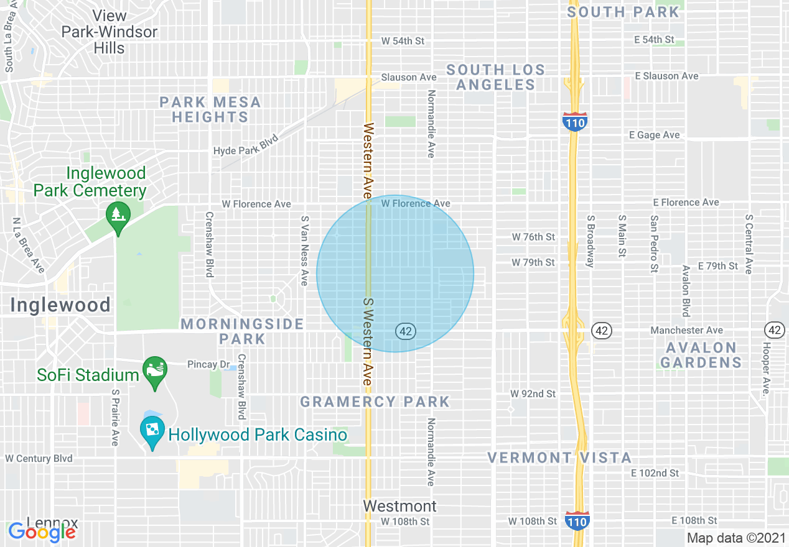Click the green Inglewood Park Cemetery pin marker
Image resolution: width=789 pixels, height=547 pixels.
(117, 214)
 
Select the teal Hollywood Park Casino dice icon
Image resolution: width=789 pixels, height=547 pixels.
(151, 429)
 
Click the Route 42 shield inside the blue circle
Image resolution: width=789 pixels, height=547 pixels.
(405, 331)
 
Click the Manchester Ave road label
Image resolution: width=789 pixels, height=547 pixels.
(686, 330)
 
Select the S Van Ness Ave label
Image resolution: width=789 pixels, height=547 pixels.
(304, 251)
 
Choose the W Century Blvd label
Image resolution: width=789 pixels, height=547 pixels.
(39, 459)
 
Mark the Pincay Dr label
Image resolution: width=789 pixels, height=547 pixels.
(205, 364)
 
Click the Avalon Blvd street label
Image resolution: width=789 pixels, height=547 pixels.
(686, 290)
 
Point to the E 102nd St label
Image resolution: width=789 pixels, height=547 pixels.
(655, 473)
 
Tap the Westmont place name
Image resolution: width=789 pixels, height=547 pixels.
(400, 505)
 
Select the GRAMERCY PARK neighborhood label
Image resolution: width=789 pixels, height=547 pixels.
(375, 402)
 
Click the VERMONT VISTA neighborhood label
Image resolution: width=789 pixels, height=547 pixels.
(559, 458)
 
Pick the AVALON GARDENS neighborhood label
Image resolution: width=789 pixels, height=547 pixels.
(701, 355)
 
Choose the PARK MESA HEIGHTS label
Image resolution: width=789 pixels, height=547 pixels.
(210, 109)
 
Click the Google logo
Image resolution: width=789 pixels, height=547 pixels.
(42, 532)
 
